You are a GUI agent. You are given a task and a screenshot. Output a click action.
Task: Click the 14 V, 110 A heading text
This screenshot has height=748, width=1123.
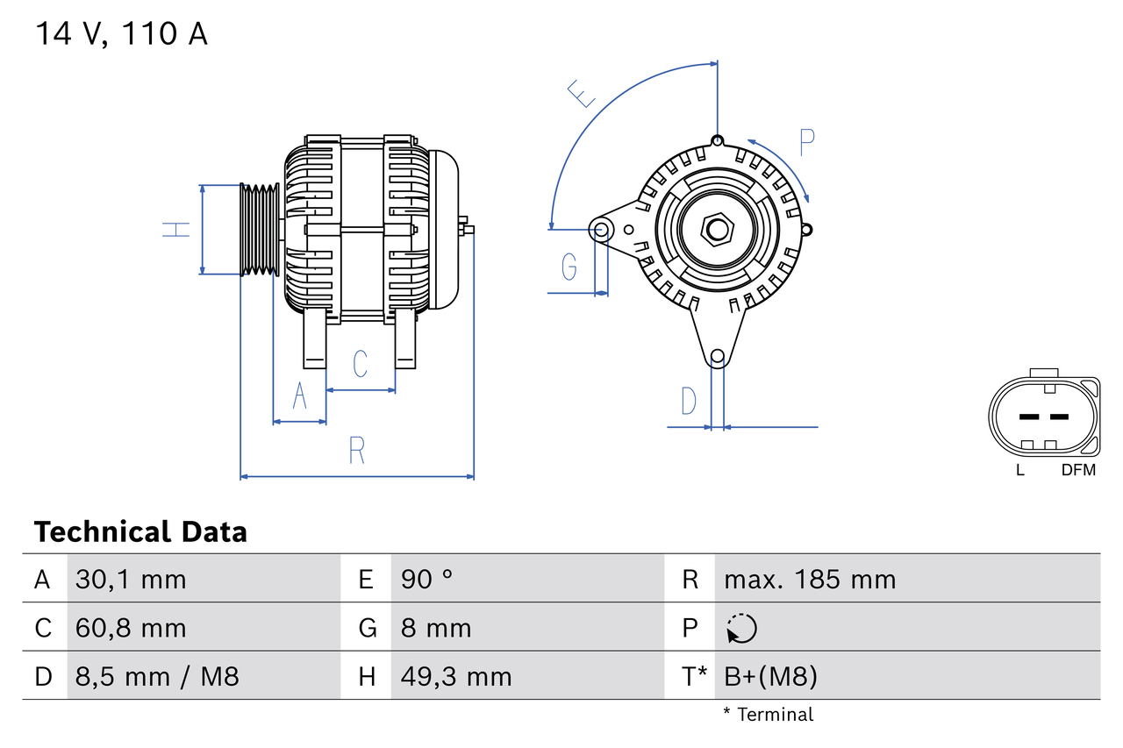click(x=121, y=33)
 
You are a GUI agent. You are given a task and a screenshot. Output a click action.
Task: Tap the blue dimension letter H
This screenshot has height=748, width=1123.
click(x=176, y=230)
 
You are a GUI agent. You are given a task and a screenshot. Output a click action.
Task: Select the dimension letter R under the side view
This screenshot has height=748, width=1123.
click(x=356, y=451)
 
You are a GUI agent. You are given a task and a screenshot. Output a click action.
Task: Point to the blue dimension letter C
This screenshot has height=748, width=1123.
click(x=360, y=364)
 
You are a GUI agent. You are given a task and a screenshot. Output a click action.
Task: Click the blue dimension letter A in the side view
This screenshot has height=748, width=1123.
click(x=299, y=396)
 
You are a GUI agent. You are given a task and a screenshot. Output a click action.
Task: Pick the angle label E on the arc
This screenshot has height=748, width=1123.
click(x=582, y=92)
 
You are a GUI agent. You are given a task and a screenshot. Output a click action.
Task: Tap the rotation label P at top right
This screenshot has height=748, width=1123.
click(x=807, y=141)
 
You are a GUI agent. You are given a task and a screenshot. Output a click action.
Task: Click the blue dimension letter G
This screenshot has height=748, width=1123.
click(x=569, y=266)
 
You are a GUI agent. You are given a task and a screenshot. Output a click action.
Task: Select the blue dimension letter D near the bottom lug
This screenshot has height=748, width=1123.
click(x=689, y=401)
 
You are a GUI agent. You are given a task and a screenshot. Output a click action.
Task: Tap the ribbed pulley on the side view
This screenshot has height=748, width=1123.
click(x=260, y=230)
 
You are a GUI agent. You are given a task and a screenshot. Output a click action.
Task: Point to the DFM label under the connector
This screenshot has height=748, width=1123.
click(x=1078, y=470)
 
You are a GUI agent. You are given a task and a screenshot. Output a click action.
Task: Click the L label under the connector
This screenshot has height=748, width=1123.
click(x=1019, y=470)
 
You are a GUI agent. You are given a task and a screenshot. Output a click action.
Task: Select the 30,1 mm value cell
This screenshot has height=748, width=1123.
click(x=132, y=579)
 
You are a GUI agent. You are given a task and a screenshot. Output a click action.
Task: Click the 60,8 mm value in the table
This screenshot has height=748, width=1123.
click(x=132, y=628)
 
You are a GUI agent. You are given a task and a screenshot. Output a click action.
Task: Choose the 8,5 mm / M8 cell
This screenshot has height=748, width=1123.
click(x=158, y=676)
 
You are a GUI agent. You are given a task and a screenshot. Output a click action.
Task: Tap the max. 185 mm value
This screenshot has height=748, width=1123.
click(x=810, y=579)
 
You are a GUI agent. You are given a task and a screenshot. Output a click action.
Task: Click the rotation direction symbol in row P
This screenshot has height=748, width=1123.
click(x=741, y=628)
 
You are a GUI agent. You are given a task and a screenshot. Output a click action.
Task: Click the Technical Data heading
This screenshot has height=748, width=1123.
click(x=140, y=532)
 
